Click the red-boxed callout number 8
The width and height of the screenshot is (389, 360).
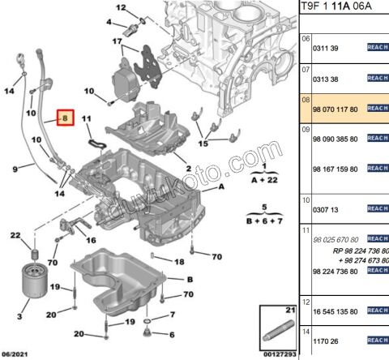click(65, 119)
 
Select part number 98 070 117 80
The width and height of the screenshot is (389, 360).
click(335, 108)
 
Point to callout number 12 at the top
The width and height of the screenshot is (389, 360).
click(121, 9)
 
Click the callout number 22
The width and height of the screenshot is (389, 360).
click(15, 235)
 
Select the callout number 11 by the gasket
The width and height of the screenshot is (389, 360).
click(88, 120)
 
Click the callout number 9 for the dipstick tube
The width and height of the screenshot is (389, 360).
click(15, 169)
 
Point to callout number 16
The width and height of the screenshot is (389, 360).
click(90, 241)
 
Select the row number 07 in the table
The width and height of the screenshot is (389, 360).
click(306, 70)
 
